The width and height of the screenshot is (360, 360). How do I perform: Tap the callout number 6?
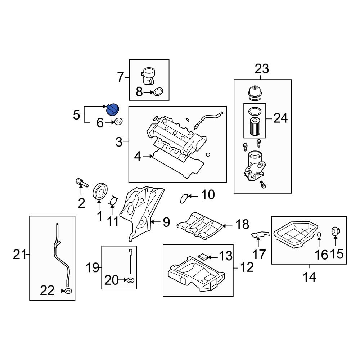(100, 123)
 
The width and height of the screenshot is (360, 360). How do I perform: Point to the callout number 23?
(262, 68)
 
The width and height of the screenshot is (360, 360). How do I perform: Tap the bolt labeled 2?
(81, 183)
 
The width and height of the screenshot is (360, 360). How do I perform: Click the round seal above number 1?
(100, 191)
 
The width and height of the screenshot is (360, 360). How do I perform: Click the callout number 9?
(166, 222)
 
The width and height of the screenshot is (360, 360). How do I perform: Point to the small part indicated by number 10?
(184, 197)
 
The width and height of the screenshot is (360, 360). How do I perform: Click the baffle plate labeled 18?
(200, 225)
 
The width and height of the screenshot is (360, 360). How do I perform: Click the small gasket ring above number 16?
(319, 235)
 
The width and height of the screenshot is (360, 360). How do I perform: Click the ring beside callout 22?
(68, 291)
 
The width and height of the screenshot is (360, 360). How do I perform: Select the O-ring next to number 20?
(131, 280)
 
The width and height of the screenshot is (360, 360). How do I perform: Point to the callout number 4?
(138, 156)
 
